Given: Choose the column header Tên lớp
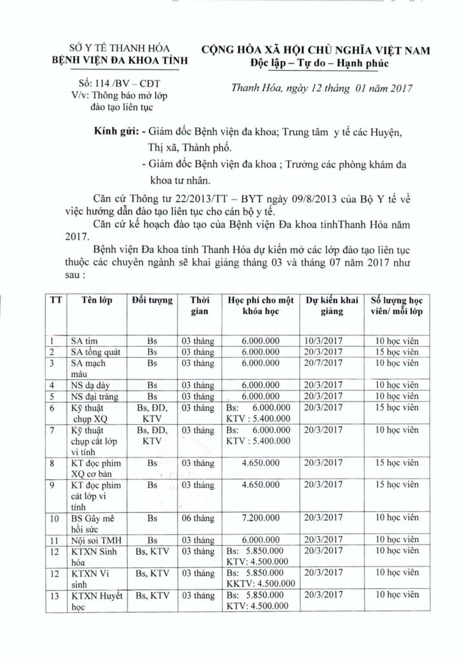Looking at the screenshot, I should (x=97, y=301).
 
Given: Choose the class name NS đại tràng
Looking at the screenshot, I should (x=97, y=396).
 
